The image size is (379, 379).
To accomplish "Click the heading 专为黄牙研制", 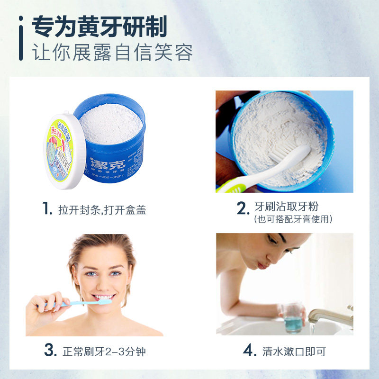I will click(x=99, y=27).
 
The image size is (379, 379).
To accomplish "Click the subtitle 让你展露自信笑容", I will click(x=112, y=52).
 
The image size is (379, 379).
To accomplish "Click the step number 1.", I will click(x=46, y=209).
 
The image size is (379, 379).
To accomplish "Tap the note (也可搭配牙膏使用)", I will click(x=293, y=219).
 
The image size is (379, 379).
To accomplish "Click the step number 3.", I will click(x=49, y=351).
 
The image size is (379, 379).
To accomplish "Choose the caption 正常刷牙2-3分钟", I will click(x=107, y=352).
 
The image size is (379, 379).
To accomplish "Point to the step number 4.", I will click(x=249, y=351).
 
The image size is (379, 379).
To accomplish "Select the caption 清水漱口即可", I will click(x=294, y=352).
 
